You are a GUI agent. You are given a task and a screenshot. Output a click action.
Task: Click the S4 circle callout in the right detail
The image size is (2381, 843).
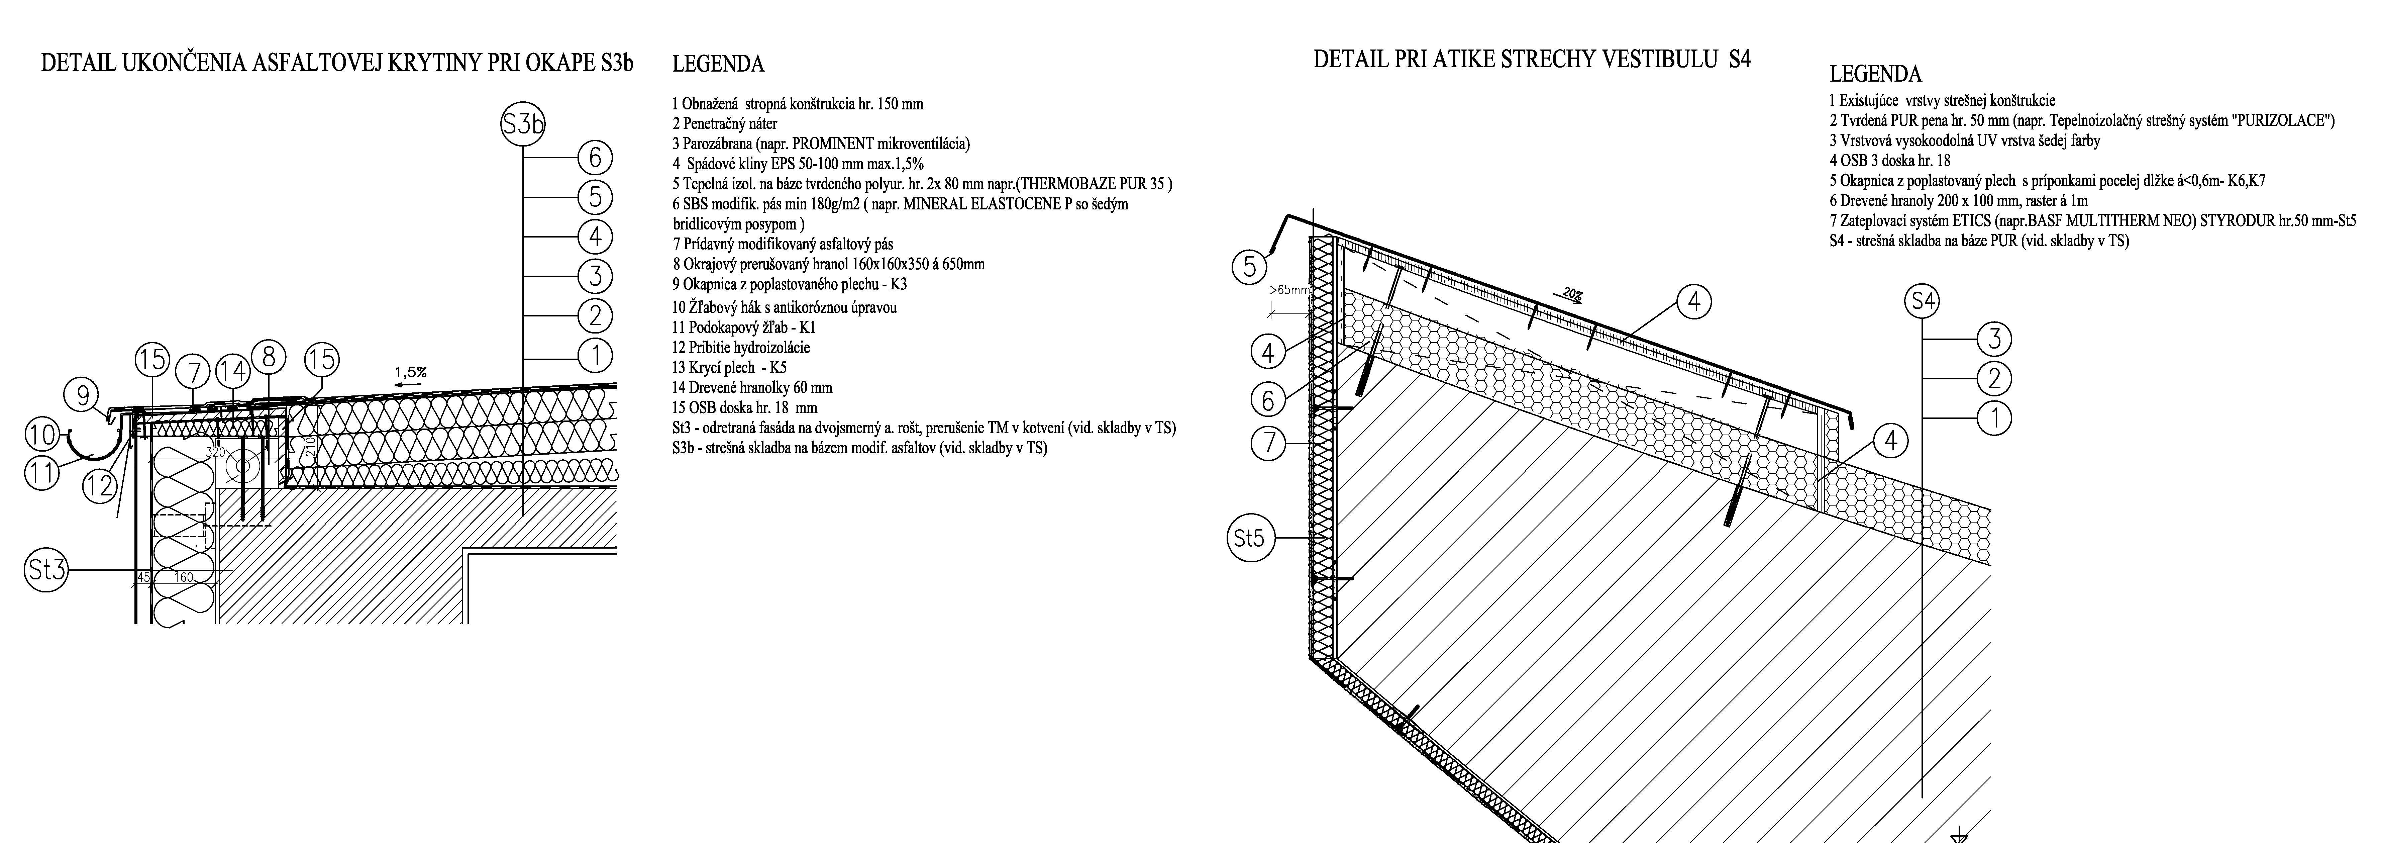tap(1923, 301)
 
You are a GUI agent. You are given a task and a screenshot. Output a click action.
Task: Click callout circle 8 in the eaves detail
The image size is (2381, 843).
tap(268, 358)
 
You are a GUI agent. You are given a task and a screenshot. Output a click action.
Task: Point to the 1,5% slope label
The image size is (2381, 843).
tap(410, 373)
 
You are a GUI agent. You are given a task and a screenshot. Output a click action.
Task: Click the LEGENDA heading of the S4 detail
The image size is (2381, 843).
tap(1875, 74)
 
